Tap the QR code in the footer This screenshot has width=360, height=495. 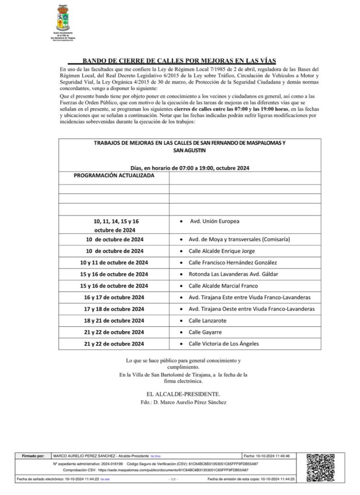click(322, 467)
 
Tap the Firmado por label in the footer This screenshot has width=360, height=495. click(34, 456)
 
